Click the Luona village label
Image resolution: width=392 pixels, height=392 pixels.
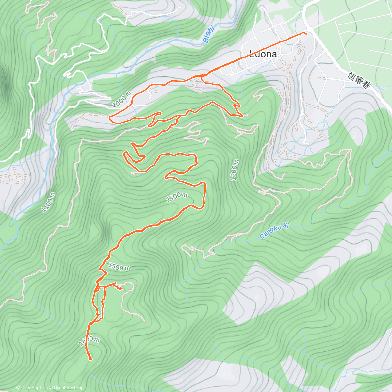pyautogui.click(x=263, y=54)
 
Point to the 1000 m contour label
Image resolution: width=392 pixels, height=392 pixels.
pyautogui.click(x=122, y=99)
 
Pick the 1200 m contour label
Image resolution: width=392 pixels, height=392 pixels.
pyautogui.click(x=235, y=170)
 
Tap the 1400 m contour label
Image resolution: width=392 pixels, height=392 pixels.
pyautogui.click(x=176, y=197)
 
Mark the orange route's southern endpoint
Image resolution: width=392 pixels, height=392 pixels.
pyautogui.click(x=90, y=359)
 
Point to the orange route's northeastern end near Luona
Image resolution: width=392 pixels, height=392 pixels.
pyautogui.click(x=306, y=33)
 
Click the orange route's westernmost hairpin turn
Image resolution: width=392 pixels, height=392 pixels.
pyautogui.click(x=110, y=118)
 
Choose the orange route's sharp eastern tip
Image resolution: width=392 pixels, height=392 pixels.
pyautogui.click(x=242, y=116)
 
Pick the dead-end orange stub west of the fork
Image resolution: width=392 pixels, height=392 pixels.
pyautogui.click(x=161, y=113)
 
